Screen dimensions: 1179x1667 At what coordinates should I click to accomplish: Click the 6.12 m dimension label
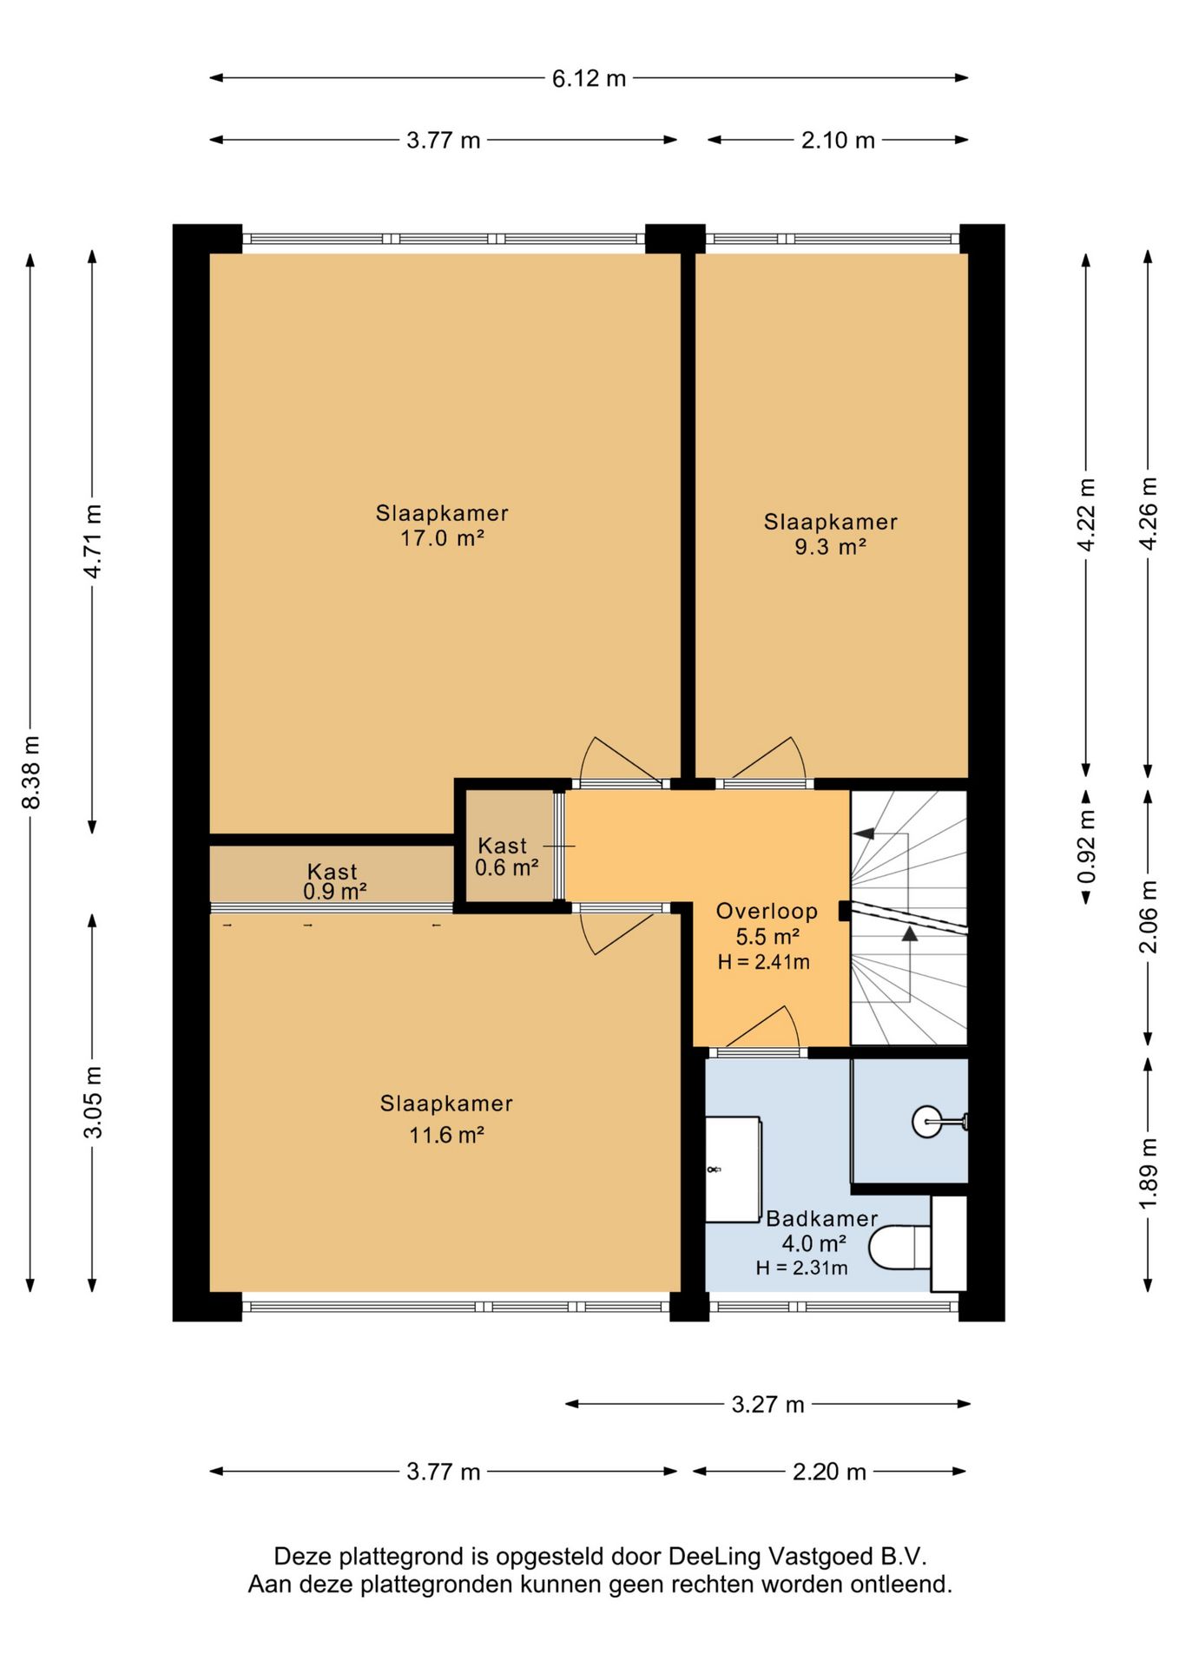coord(589,78)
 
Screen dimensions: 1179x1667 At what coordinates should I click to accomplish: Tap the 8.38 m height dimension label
coord(31,772)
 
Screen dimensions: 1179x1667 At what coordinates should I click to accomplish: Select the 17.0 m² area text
coord(442,538)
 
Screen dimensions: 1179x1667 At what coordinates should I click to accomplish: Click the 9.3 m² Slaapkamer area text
coord(830,547)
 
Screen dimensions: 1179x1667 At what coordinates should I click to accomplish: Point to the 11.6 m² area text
coord(446,1135)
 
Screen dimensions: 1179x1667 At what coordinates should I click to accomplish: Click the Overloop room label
coord(767,911)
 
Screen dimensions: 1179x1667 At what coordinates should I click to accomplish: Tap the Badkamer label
coord(821,1218)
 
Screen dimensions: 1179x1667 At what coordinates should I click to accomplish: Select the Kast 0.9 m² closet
coord(332,874)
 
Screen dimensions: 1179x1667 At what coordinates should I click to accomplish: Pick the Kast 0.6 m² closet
coord(509,846)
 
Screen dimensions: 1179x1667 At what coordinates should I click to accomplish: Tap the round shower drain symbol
coord(926,1122)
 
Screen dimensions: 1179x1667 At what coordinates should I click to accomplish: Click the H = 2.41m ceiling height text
coord(763,962)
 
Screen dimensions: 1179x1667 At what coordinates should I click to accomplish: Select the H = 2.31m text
coord(801,1268)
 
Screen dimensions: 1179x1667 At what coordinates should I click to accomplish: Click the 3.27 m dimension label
coord(767,1404)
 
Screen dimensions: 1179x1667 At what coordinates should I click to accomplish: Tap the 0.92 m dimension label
coord(1086,847)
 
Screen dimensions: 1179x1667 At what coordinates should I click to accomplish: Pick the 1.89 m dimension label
coord(1148,1172)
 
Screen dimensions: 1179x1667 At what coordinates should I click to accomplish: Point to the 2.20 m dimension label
coord(829,1472)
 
